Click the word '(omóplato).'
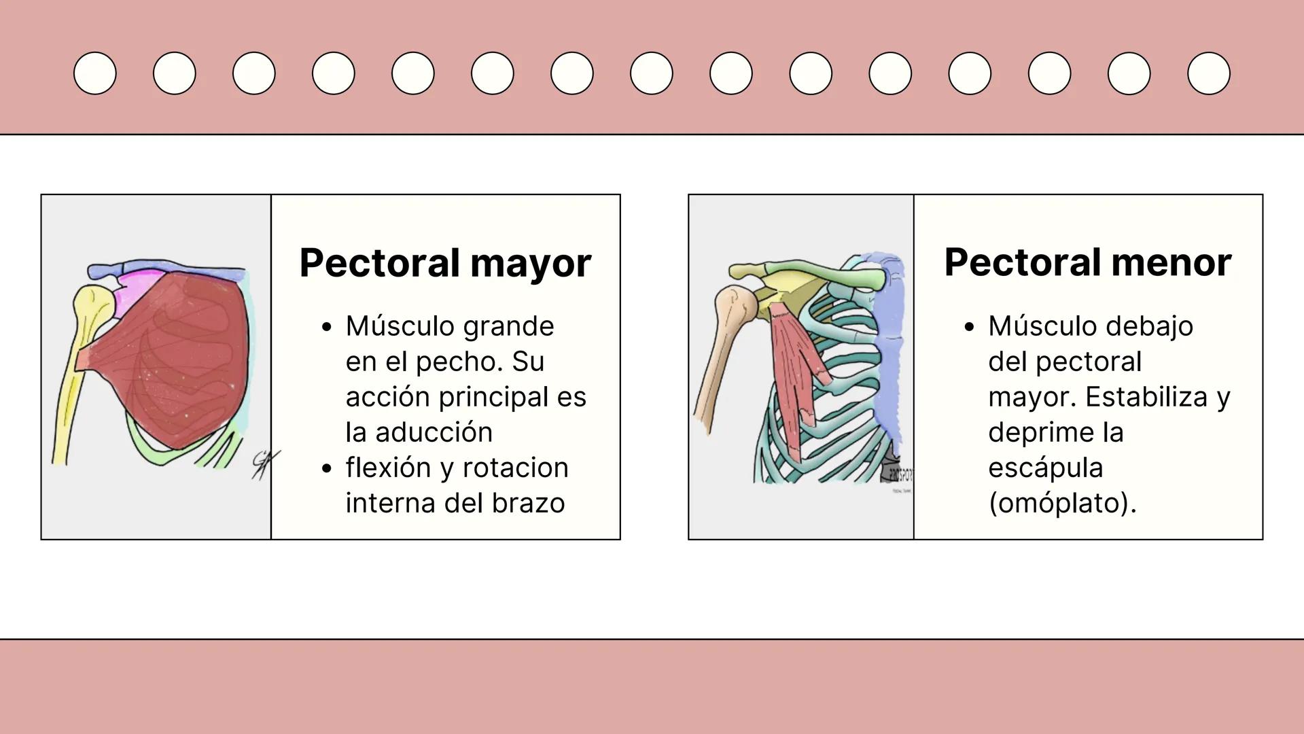[x=1062, y=503]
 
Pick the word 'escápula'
[x=1045, y=468]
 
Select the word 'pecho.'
[x=459, y=362]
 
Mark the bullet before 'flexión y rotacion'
[x=328, y=468]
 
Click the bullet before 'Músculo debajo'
[x=970, y=327]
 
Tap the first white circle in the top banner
[x=95, y=73]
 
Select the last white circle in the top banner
[x=1208, y=73]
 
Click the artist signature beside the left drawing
[x=263, y=465]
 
